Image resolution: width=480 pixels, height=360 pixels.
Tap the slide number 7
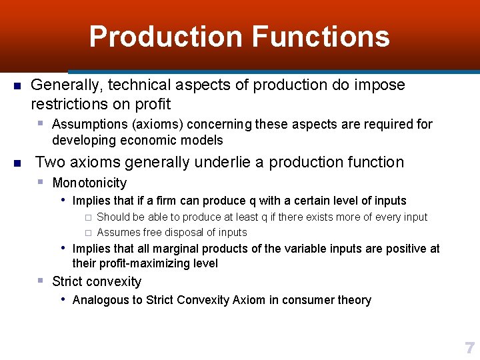[469, 348]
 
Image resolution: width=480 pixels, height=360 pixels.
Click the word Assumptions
[89, 124]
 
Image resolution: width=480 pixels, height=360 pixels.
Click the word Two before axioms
[49, 162]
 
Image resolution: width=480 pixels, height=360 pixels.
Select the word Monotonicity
[89, 183]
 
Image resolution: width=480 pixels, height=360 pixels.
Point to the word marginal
[177, 249]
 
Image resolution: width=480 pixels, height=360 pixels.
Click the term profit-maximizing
[145, 263]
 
